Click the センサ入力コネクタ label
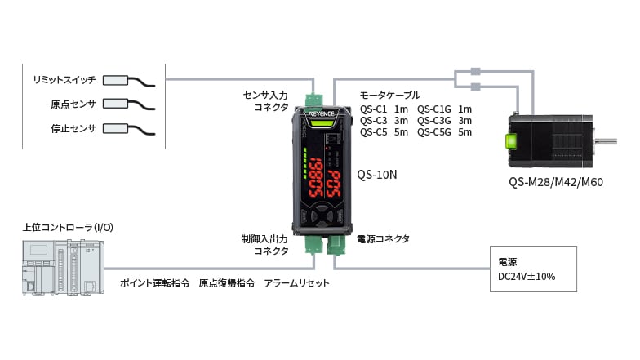point(266,101)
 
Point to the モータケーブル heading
point(390,96)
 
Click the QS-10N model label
point(378,174)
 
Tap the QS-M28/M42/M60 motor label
point(554,182)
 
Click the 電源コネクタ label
point(384,239)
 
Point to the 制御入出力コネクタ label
point(265,245)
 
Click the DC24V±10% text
point(527,277)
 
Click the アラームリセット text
point(297,283)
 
